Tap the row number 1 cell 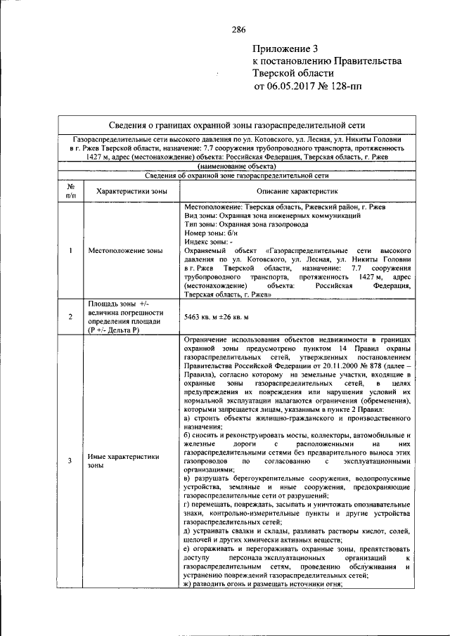[70, 250]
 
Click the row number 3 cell [70, 461]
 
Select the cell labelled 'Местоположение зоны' [129, 250]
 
